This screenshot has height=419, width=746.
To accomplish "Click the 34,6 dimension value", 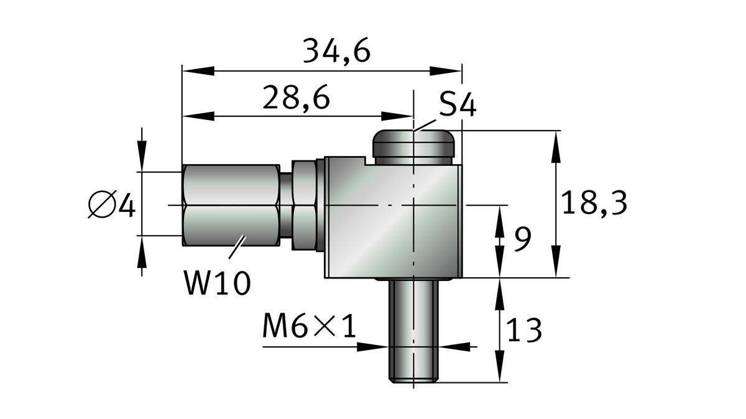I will coord(336,51).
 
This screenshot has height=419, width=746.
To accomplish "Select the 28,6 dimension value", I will coord(295,98).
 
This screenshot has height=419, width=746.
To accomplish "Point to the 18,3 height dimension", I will coord(593,203).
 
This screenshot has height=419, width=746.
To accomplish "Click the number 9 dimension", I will coord(523,239).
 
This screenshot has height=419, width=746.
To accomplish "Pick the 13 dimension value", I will coord(524,330).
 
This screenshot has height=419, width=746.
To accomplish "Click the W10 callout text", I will coord(217,283).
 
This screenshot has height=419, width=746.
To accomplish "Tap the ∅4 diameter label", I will coord(112,205).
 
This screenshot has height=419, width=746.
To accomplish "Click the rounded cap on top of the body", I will coord(413,146).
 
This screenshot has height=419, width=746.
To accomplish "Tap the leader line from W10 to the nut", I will coord(237,247).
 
